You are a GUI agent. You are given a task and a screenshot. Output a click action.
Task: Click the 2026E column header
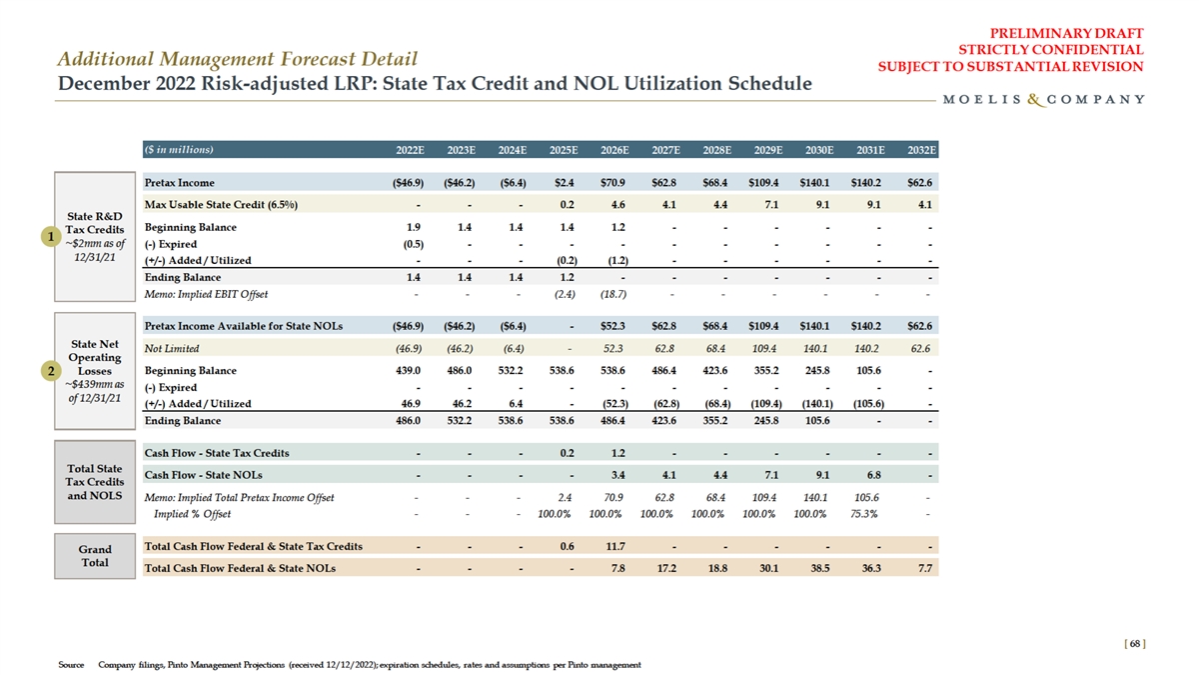613,150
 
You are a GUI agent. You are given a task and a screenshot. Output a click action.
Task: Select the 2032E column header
919,150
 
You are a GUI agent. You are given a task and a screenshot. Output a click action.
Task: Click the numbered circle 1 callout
45,236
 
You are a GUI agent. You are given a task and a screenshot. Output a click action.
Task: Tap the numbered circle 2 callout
45,371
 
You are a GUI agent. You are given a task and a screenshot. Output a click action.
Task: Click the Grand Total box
95,556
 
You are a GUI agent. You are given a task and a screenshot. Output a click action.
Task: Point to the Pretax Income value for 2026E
613,183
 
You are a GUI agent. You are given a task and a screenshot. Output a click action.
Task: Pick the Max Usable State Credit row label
222,205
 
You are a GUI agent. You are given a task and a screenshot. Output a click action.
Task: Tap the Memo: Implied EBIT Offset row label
206,295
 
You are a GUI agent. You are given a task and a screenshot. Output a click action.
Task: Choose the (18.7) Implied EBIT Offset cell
611,295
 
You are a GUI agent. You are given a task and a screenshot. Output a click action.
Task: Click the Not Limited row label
172,348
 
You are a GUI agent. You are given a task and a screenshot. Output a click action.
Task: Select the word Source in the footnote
70,665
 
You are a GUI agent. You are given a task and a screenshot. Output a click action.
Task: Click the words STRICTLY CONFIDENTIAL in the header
1050,49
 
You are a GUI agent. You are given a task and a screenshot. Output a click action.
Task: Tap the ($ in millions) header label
179,150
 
